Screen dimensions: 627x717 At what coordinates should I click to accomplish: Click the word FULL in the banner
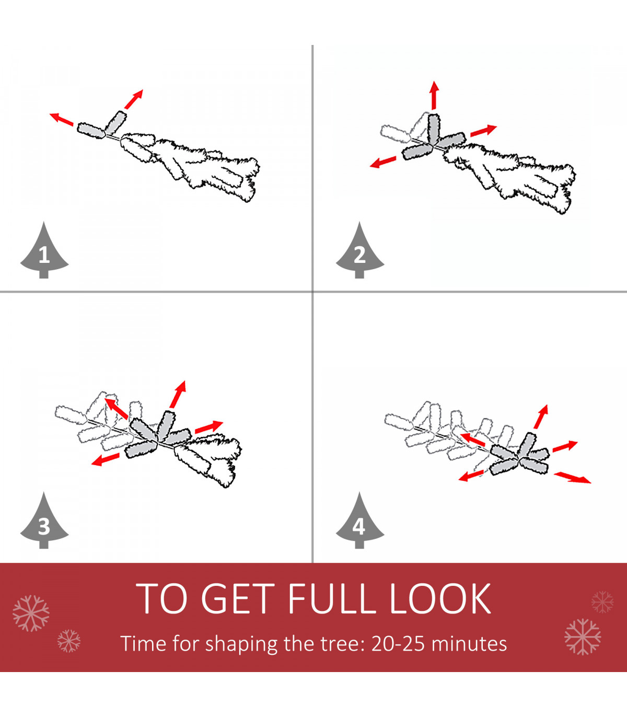[330, 599]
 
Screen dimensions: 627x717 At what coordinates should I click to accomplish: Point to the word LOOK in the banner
[440, 599]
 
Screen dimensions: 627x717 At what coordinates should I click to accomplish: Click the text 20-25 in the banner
[398, 644]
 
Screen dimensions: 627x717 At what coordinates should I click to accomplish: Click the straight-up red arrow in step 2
[434, 95]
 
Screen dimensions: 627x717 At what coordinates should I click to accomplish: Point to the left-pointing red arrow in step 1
[61, 119]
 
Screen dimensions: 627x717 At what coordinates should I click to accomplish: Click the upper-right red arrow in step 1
[134, 99]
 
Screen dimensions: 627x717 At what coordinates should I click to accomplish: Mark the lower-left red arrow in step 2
[383, 162]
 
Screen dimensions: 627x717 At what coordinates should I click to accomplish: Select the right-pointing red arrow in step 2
[484, 130]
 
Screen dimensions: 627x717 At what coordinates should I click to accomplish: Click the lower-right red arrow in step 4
[572, 478]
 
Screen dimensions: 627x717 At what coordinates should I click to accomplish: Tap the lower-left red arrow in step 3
[105, 459]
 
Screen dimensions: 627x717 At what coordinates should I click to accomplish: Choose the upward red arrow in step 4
[541, 417]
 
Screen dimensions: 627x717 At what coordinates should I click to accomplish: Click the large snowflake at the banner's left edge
[31, 613]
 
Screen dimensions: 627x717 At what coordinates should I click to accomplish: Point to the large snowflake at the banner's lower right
[583, 637]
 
